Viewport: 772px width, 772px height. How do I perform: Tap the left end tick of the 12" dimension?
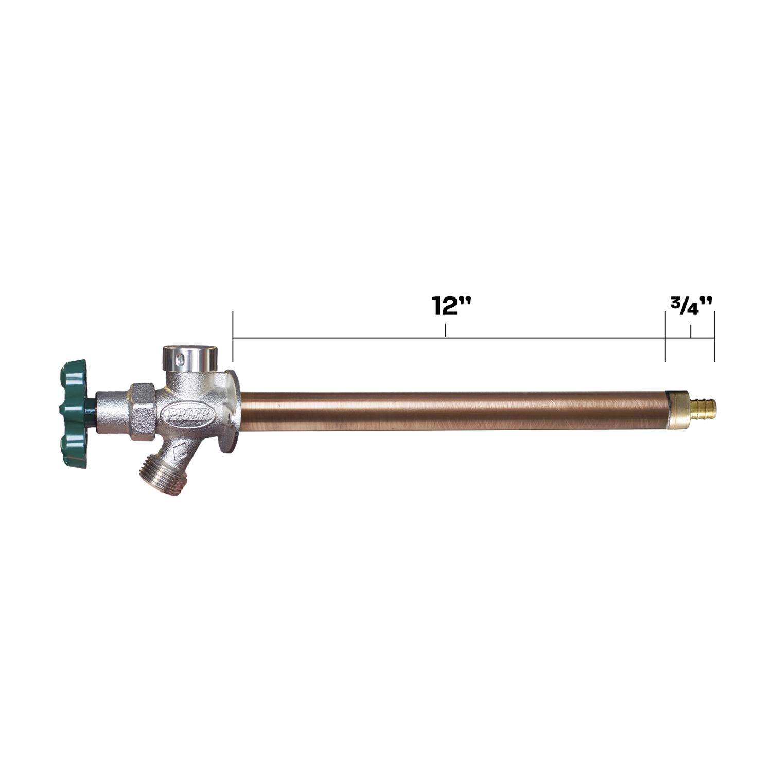click(233, 337)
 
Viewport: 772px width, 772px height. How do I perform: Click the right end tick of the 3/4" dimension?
click(714, 337)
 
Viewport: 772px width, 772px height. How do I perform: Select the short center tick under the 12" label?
click(445, 330)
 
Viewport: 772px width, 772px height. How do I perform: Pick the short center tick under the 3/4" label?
click(691, 331)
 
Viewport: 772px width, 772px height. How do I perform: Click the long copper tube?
click(453, 410)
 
